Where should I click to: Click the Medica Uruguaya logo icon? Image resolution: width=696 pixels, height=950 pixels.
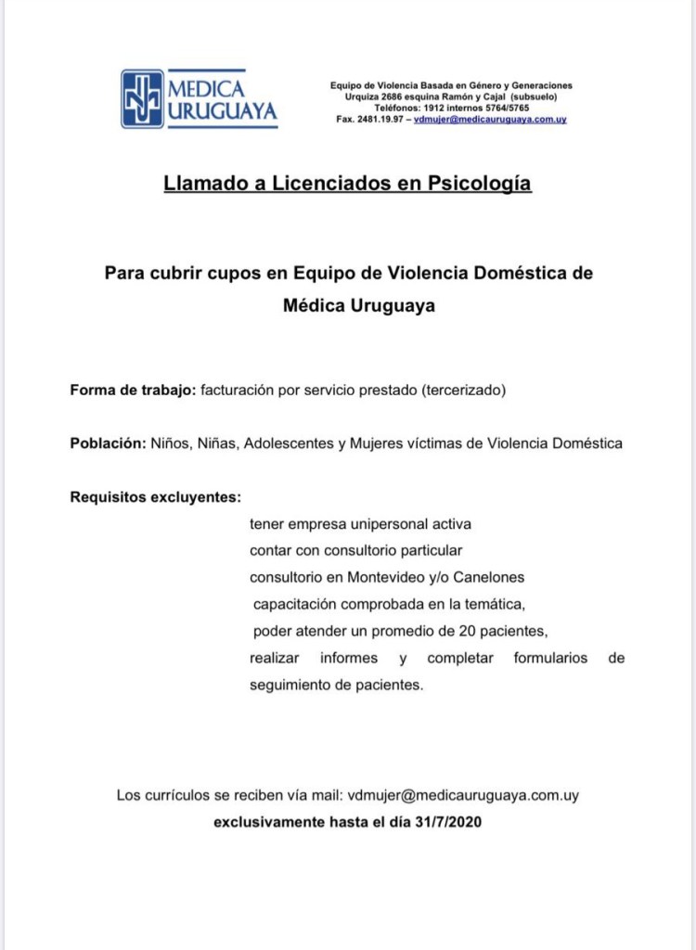pyautogui.click(x=142, y=99)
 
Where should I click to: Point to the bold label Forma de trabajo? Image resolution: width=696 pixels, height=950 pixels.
pyautogui.click(x=132, y=391)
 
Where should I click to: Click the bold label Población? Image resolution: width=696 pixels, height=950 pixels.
pyautogui.click(x=108, y=443)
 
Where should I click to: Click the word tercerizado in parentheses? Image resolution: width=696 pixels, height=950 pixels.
pyautogui.click(x=463, y=391)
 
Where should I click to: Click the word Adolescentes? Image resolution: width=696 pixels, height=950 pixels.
pyautogui.click(x=289, y=443)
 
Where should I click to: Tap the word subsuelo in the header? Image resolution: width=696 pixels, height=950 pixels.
pyautogui.click(x=534, y=97)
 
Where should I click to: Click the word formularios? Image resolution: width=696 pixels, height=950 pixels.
pyautogui.click(x=550, y=659)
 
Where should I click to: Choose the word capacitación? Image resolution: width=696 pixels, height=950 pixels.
pyautogui.click(x=300, y=605)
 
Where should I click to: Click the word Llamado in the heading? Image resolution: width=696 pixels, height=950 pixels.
pyautogui.click(x=202, y=184)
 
